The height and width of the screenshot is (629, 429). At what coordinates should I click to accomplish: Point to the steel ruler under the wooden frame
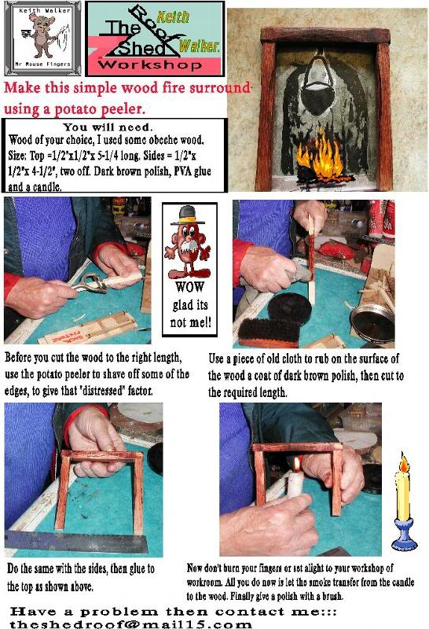click(79, 543)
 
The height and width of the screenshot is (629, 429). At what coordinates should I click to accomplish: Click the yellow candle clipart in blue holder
click(404, 502)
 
